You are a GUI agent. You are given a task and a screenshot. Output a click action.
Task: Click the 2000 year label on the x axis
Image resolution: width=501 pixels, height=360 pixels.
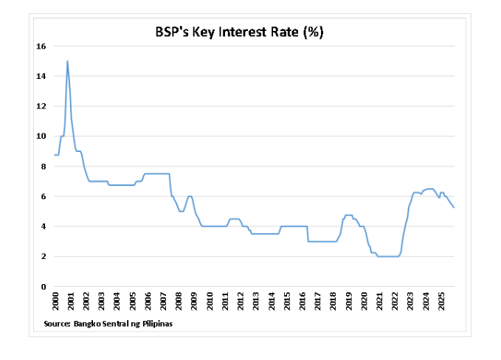[x=56, y=302]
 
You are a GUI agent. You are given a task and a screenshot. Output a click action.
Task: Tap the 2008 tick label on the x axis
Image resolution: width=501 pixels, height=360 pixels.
[x=179, y=302]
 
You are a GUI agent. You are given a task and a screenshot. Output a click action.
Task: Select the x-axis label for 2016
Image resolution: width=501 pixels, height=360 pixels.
[x=303, y=302]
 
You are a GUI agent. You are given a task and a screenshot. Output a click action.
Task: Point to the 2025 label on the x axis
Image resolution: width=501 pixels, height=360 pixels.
[x=441, y=302]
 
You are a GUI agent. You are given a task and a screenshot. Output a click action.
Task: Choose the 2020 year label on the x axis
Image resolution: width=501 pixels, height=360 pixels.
[x=364, y=302]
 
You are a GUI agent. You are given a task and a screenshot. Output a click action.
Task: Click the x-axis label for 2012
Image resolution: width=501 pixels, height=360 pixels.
[x=241, y=302]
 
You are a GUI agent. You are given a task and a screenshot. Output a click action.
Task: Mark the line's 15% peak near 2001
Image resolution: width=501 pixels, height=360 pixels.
[x=67, y=61]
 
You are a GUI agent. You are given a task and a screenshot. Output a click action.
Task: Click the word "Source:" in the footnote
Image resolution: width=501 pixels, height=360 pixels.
[x=55, y=323]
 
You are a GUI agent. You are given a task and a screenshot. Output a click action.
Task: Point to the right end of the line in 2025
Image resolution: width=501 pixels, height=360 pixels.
[x=454, y=207]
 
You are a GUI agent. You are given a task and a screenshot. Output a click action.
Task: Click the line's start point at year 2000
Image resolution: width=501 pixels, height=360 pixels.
[x=55, y=155]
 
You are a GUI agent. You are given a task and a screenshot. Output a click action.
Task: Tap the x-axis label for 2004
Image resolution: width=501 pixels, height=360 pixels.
[x=117, y=302]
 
